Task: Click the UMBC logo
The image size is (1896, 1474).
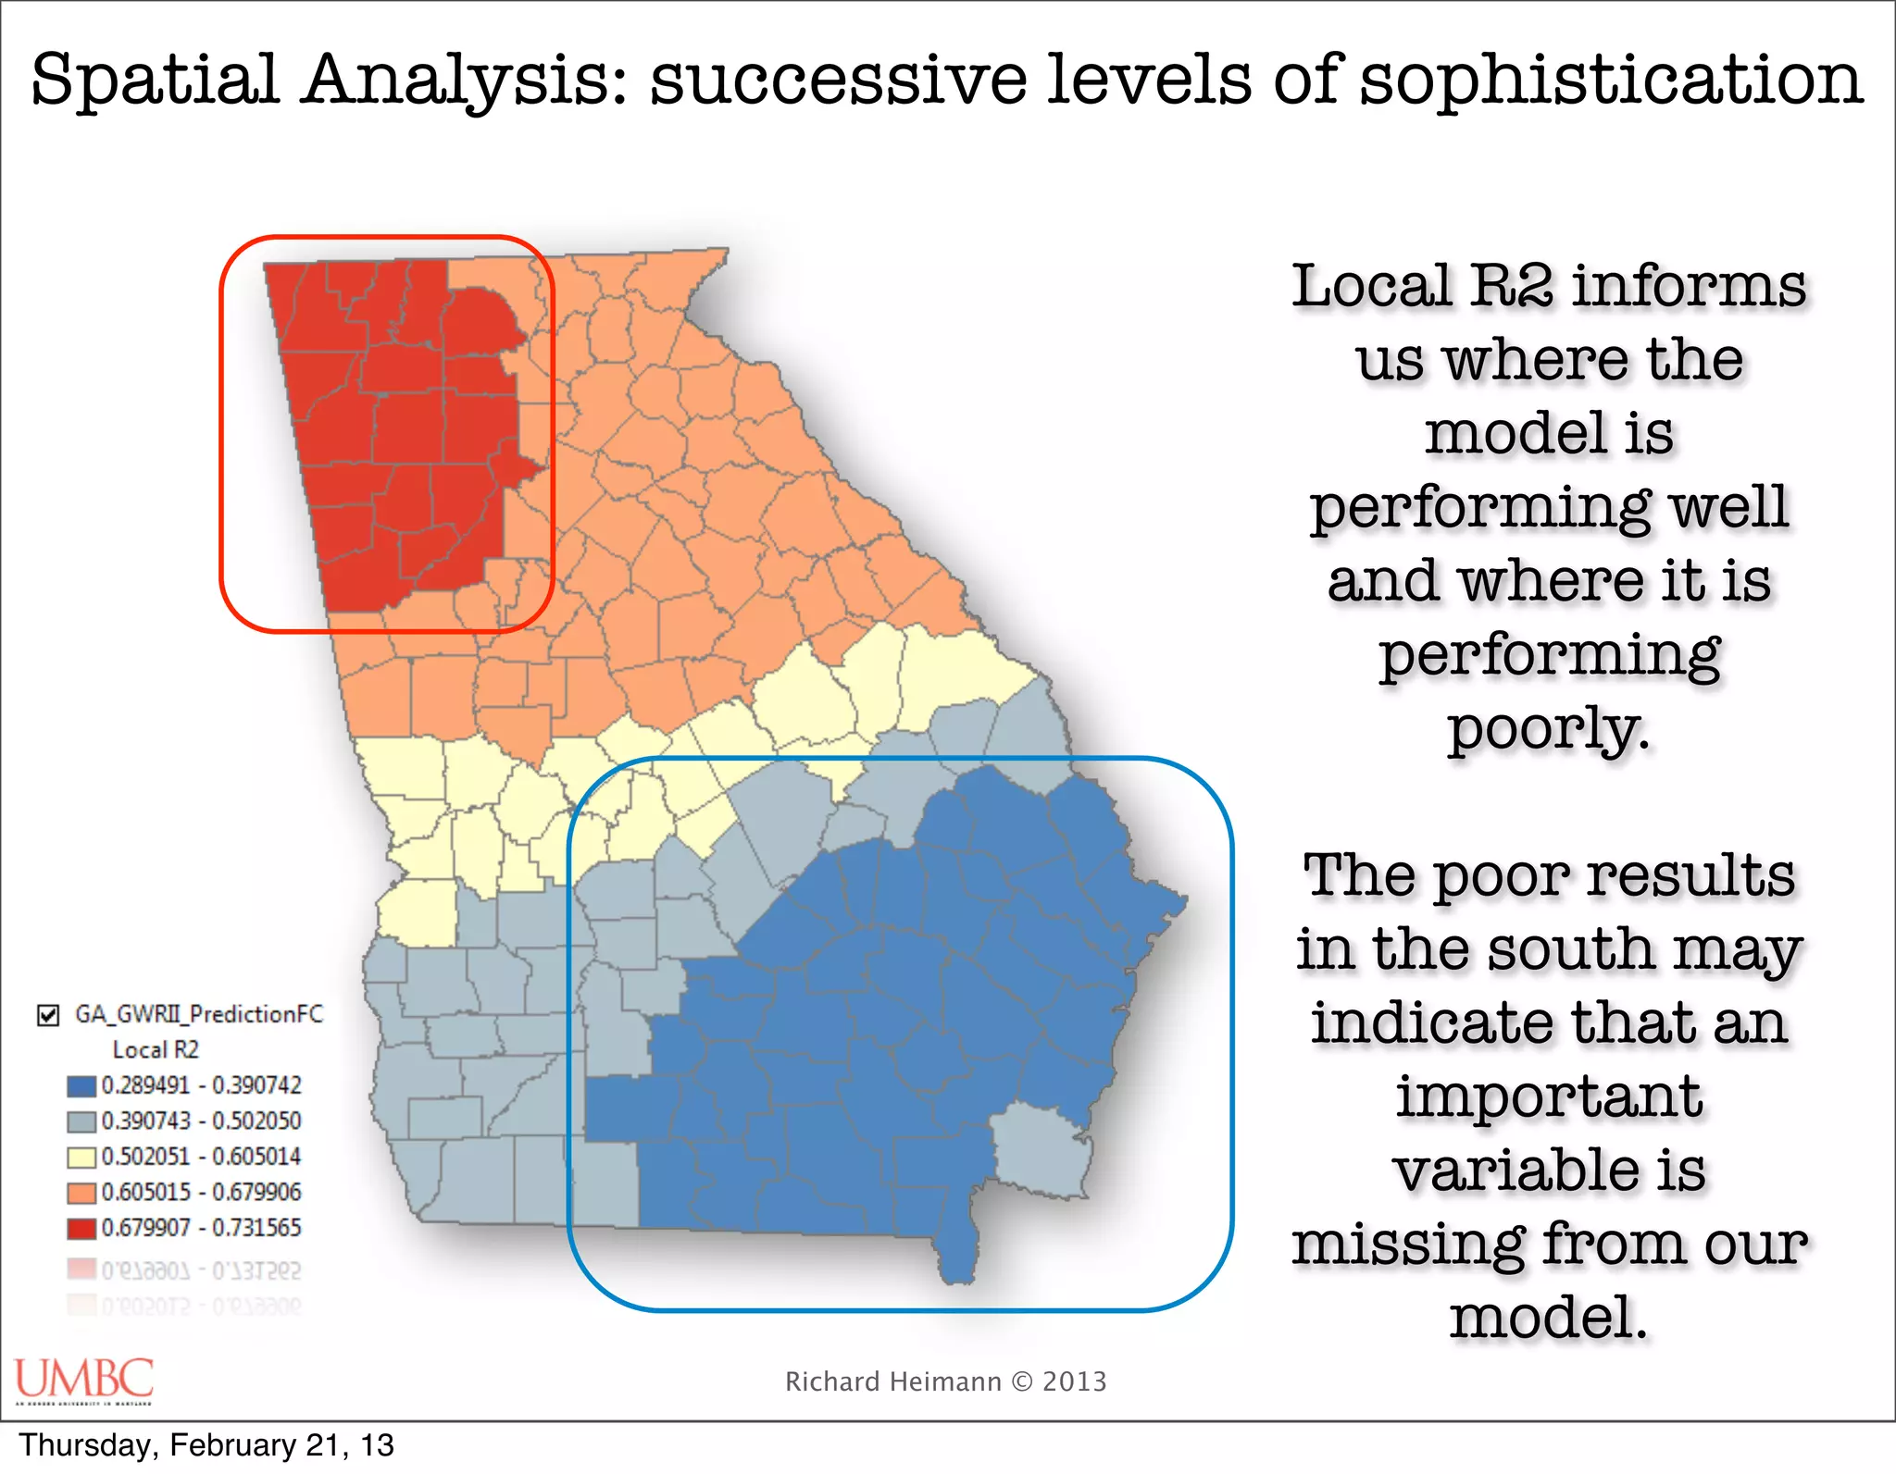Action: [x=83, y=1379]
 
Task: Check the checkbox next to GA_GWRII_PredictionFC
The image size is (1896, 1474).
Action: [x=48, y=1015]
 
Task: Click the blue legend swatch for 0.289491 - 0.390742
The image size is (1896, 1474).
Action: [x=81, y=1085]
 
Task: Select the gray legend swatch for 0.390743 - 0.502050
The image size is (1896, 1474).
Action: [x=81, y=1121]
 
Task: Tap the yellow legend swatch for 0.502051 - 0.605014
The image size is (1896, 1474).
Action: [x=81, y=1157]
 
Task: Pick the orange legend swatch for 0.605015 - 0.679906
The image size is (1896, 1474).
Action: [x=81, y=1193]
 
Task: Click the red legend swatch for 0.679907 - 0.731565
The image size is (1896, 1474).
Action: [x=81, y=1228]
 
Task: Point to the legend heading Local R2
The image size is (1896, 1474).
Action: [x=156, y=1049]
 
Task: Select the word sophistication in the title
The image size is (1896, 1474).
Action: [x=1611, y=81]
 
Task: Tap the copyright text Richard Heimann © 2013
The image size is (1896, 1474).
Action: [x=945, y=1381]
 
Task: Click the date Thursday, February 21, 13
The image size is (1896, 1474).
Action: [x=206, y=1445]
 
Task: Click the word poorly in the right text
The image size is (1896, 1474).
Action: [x=1548, y=729]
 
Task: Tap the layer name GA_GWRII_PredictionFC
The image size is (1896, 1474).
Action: [x=199, y=1014]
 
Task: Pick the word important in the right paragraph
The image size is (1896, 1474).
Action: [x=1548, y=1096]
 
